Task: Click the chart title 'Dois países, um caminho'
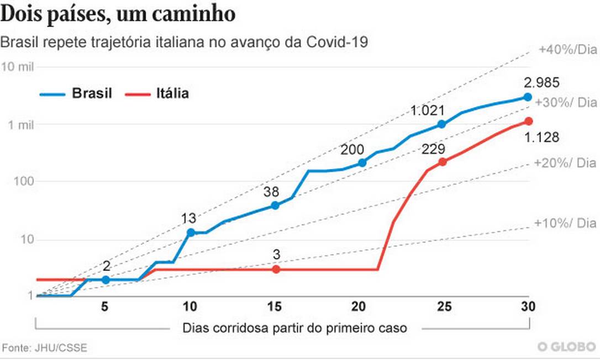pyautogui.click(x=119, y=14)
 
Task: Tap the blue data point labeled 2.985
pyautogui.click(x=528, y=97)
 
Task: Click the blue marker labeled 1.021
pyautogui.click(x=441, y=124)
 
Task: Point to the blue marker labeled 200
pyautogui.click(x=362, y=162)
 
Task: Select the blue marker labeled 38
pyautogui.click(x=275, y=205)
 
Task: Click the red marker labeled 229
pyautogui.click(x=442, y=162)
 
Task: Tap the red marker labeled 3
pyautogui.click(x=276, y=269)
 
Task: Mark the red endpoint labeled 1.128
pyautogui.click(x=528, y=121)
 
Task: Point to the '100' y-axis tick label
pyautogui.click(x=23, y=182)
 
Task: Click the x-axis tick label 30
pyautogui.click(x=528, y=307)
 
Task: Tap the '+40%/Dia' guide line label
pyautogui.click(x=567, y=50)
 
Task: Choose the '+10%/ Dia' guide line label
pyautogui.click(x=565, y=223)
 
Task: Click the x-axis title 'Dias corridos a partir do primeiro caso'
pyautogui.click(x=294, y=328)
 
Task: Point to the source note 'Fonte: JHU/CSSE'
pyautogui.click(x=45, y=348)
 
